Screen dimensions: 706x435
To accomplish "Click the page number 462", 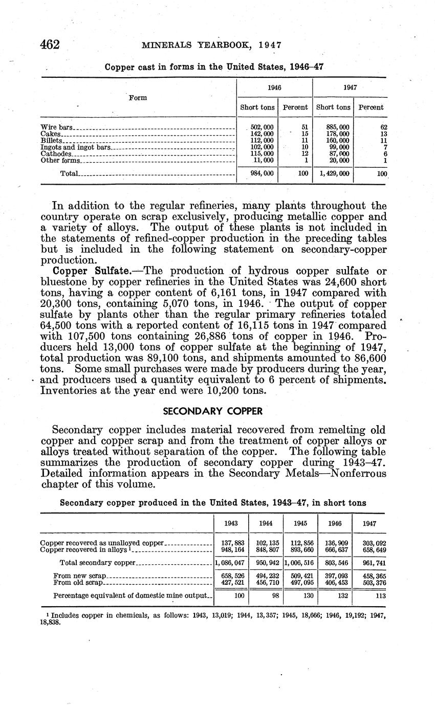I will coord(50,45).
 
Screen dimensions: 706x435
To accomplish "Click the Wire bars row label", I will coord(57,127).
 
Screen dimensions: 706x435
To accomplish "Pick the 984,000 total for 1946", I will coord(262,174).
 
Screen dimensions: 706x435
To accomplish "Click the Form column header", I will coord(138,98).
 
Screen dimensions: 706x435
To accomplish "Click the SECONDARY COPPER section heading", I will coord(212,411).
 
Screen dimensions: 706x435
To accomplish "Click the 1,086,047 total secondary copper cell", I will coord(231,563).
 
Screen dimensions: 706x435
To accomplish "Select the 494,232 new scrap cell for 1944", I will coord(266,576).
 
